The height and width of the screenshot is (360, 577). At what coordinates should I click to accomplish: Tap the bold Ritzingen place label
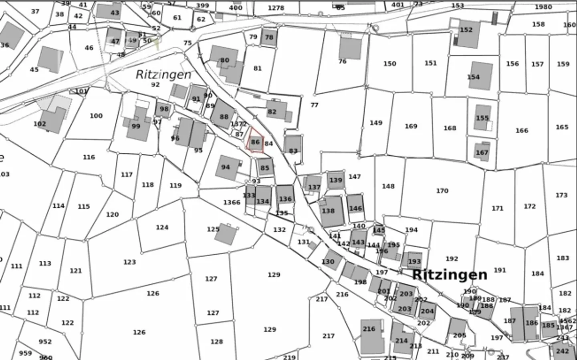tap(450, 275)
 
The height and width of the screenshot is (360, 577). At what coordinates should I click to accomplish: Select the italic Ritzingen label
tap(163, 74)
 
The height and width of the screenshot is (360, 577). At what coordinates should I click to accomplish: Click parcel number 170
tap(442, 191)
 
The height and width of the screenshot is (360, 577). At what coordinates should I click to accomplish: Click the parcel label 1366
tap(232, 202)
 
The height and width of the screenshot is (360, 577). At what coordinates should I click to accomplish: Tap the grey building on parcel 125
tap(226, 234)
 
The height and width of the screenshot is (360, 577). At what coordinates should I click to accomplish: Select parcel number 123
tap(129, 262)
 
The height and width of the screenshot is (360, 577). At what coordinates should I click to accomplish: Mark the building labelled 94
tap(227, 167)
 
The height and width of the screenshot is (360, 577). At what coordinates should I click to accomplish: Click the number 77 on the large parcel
tap(314, 105)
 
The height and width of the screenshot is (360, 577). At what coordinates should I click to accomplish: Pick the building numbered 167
tap(482, 152)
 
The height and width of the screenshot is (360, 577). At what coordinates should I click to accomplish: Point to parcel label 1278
tap(276, 8)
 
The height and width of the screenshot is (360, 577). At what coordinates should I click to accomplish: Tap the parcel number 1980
tap(543, 7)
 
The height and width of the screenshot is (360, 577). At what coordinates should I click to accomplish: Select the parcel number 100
tap(96, 116)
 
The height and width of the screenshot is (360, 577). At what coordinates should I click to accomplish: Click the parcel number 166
tap(522, 131)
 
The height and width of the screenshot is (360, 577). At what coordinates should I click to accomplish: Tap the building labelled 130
tap(331, 260)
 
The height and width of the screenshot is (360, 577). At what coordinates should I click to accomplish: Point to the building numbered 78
tap(269, 37)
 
